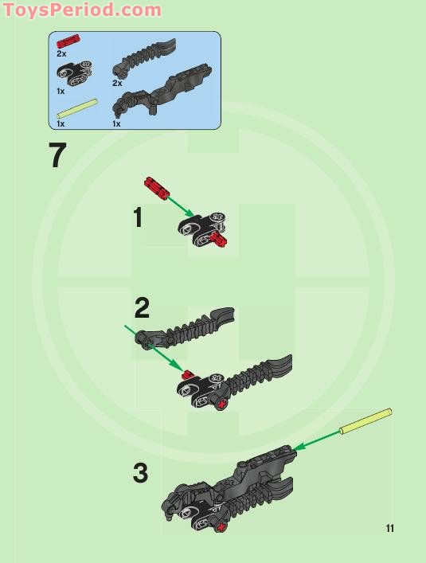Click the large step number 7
tap(57, 156)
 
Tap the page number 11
tap(389, 528)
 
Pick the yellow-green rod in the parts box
tap(76, 111)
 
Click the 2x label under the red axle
tap(61, 54)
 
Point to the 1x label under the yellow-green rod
tap(61, 124)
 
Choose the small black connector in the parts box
tap(72, 73)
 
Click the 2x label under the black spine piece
tap(117, 83)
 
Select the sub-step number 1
tap(138, 217)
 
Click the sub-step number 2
tap(142, 307)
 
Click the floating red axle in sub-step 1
tap(155, 187)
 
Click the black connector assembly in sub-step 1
tap(203, 230)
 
